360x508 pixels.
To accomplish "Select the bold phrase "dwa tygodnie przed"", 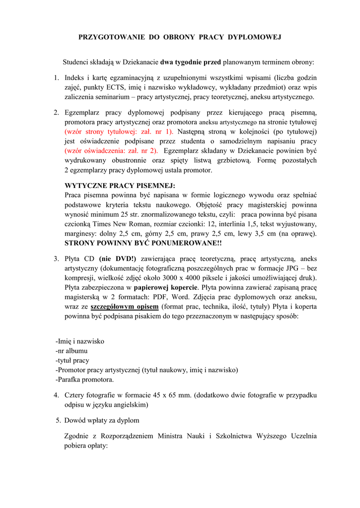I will pyautogui.click(x=191, y=63).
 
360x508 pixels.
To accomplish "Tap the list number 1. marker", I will pyautogui.click(x=57, y=78).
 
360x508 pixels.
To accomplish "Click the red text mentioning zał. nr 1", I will pyautogui.click(x=119, y=131).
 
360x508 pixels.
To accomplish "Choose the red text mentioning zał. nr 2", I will pyautogui.click(x=111, y=150).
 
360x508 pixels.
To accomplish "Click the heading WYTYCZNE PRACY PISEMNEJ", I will pyautogui.click(x=120, y=186).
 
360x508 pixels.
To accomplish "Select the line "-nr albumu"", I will pyautogui.click(x=72, y=351).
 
